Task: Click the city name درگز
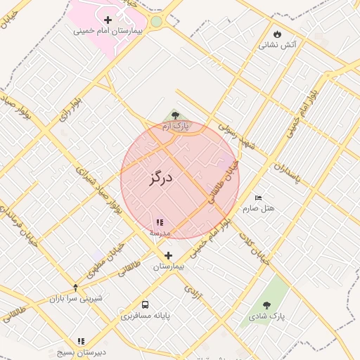pos(161,176)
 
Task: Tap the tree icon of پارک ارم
pos(175,115)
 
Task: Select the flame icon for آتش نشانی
pos(278,33)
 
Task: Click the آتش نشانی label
pos(278,45)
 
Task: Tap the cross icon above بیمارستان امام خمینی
pos(108,20)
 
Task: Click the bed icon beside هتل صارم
pos(258,198)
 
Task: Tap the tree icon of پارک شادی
pos(266,305)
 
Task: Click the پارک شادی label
pos(266,316)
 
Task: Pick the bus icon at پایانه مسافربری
pos(145,305)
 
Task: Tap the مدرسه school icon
pos(160,222)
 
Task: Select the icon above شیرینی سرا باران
pos(76,287)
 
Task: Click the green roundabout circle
pos(156,21)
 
